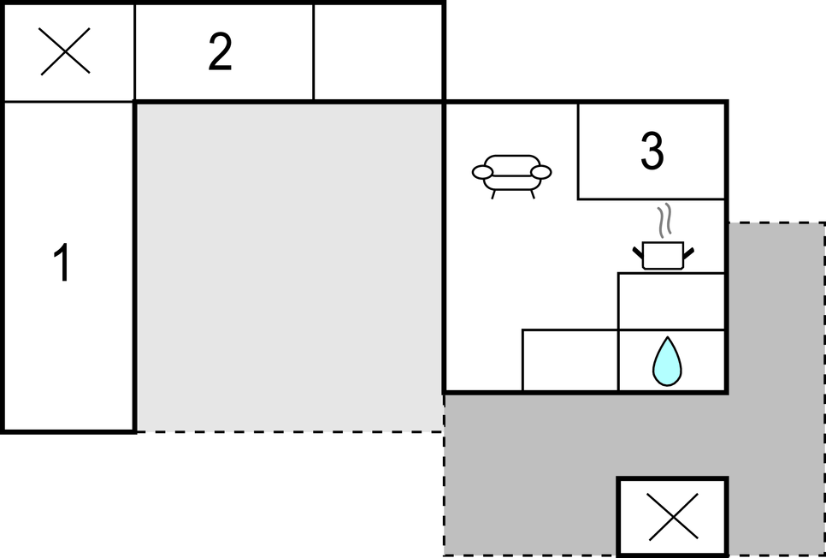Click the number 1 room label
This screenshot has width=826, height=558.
coord(62,264)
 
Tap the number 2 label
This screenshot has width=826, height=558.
coord(220,53)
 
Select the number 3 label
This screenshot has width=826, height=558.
coord(652,151)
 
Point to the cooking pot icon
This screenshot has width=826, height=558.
coord(663,255)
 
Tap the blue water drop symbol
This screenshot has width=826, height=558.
coord(667,361)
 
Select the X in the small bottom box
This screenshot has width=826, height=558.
coord(673,517)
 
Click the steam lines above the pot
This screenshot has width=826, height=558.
coord(664,221)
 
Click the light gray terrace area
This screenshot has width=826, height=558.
coord(289,265)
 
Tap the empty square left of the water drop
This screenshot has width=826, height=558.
coord(569,360)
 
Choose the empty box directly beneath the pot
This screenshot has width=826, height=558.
coord(671,301)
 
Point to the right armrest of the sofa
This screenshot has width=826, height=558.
coord(540,172)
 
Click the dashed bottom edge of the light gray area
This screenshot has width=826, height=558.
coord(289,431)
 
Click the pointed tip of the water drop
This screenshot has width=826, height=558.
coord(667,340)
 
